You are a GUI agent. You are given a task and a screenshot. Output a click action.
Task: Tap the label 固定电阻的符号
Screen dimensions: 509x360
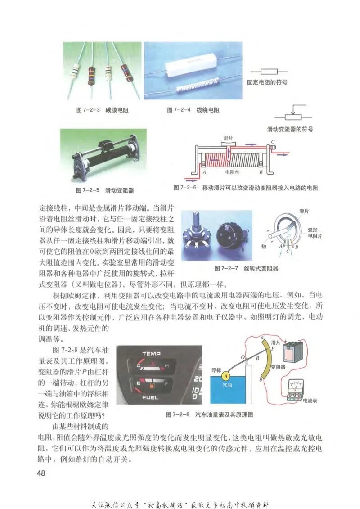(267, 82)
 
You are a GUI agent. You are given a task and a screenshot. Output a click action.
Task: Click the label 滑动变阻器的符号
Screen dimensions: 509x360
(290, 129)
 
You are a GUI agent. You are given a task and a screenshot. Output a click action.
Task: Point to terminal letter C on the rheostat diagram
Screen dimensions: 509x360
(274, 140)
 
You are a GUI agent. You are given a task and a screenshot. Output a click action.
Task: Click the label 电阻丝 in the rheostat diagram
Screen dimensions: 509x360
(233, 172)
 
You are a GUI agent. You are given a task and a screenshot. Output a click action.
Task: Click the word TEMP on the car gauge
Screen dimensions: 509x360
(151, 354)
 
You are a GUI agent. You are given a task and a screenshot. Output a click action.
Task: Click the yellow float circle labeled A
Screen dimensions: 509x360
(226, 375)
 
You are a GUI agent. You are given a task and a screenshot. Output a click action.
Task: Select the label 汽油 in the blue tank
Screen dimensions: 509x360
(228, 385)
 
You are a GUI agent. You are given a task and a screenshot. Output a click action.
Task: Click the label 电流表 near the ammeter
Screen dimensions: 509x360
(310, 400)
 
